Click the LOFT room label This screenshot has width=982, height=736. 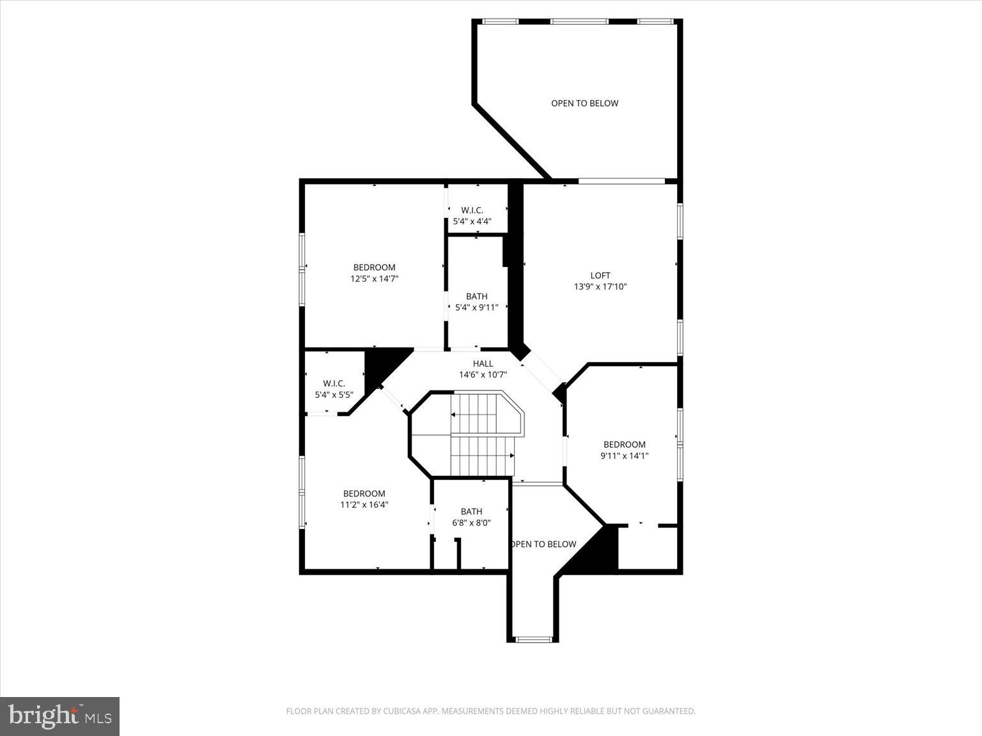600,275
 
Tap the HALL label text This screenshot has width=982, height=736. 483,364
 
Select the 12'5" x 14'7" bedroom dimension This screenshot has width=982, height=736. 374,279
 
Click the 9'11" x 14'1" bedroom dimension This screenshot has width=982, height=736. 624,456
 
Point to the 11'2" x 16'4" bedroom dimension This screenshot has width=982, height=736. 364,504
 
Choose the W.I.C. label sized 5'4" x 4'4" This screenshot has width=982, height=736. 472,210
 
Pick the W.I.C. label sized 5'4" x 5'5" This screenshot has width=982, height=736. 334,383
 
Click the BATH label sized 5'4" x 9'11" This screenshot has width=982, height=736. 476,296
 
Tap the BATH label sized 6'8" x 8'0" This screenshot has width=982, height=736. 471,511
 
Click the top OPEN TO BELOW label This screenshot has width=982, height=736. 584,103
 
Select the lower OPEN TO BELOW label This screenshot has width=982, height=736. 543,544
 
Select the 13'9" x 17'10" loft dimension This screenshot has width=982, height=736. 600,287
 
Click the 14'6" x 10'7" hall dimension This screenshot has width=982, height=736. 483,374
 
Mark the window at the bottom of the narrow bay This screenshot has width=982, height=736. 533,638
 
